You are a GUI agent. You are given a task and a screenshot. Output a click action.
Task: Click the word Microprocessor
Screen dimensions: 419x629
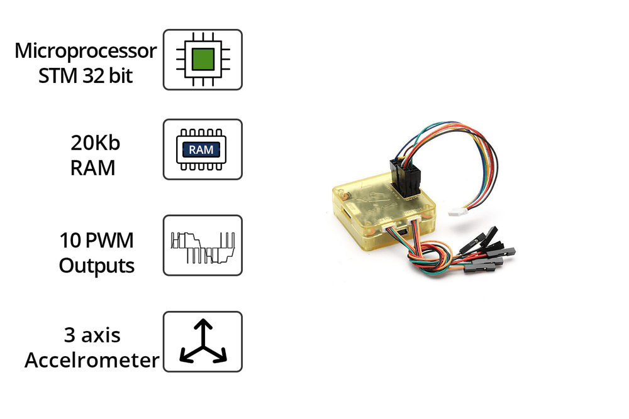(x=86, y=50)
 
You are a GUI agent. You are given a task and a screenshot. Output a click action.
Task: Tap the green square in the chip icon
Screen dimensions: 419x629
(x=203, y=59)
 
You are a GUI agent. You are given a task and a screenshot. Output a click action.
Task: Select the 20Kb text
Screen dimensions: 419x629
(x=95, y=143)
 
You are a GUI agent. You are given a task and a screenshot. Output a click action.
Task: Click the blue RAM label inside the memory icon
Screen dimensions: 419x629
(x=201, y=150)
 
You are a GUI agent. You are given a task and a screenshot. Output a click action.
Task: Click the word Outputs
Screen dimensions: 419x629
(x=97, y=265)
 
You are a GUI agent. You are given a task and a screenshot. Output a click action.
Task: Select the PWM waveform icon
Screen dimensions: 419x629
(x=203, y=246)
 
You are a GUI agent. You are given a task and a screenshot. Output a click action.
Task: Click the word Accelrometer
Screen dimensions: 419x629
(x=92, y=361)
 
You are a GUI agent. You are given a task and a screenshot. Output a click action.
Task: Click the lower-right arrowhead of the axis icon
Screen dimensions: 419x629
(x=221, y=357)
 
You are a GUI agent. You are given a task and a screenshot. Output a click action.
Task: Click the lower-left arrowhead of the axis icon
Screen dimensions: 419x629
(x=184, y=357)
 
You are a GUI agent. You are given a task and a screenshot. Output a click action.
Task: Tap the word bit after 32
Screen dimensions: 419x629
(x=121, y=76)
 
